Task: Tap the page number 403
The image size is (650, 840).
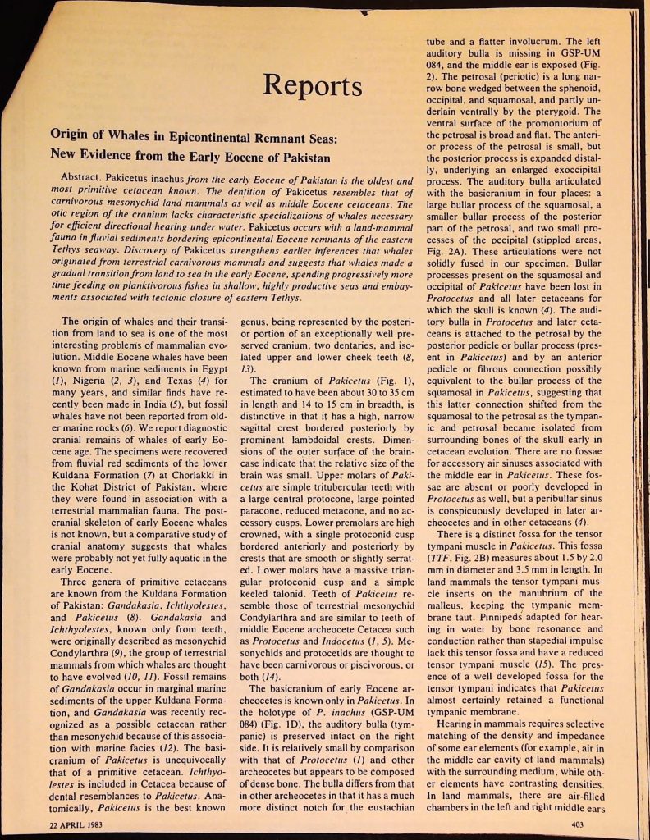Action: (578, 823)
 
